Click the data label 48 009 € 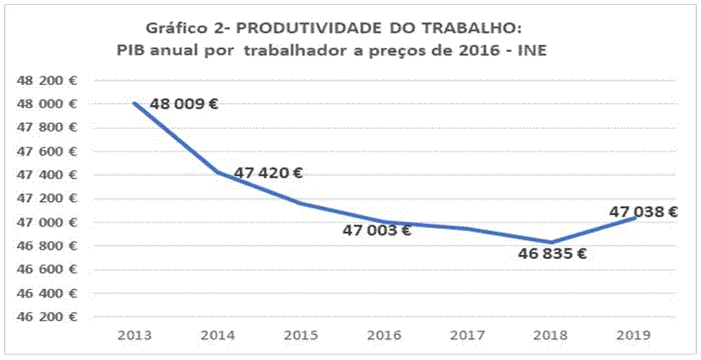pos(184,104)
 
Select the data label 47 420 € pos(269,173)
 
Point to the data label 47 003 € pos(376,230)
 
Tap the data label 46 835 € pos(552,253)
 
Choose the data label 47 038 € pos(644,212)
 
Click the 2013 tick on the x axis pos(133,334)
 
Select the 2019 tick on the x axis pos(634,334)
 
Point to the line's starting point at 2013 pos(134,103)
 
